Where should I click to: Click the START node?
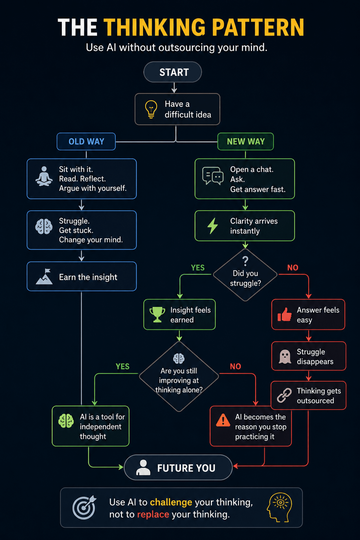pos(173,72)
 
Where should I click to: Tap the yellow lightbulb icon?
pos(151,109)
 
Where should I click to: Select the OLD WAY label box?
pos(86,141)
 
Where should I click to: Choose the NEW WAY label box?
pos(246,141)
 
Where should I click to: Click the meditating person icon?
pos(44,176)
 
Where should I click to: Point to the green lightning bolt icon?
pos(213,226)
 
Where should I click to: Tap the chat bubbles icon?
pos(213,176)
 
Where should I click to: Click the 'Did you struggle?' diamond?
pos(245,275)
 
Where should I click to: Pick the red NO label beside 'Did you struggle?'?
pos(293,267)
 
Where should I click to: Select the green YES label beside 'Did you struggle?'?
pos(198,267)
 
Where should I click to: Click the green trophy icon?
pos(157,315)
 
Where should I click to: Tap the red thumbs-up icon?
pos(284,315)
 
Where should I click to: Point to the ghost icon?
pos(285,357)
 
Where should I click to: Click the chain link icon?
pos(284,395)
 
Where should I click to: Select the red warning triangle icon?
pos(223,420)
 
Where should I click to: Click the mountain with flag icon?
pos(44,277)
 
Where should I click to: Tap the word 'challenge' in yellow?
pos(171,502)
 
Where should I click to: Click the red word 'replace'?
pos(153,514)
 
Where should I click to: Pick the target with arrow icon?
pos(84,507)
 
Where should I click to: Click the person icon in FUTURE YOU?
pos(143,467)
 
